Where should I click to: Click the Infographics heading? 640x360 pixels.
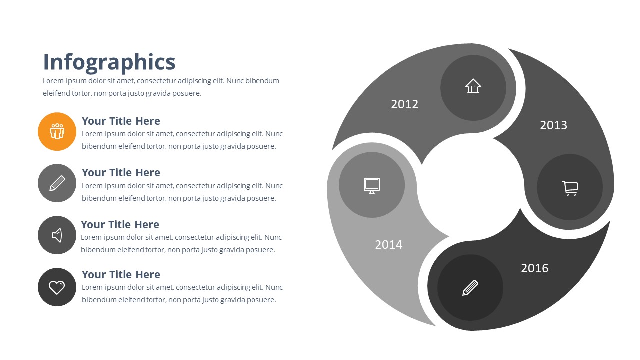(x=109, y=62)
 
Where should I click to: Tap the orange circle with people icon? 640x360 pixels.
(x=57, y=131)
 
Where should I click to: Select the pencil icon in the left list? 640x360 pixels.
(x=57, y=183)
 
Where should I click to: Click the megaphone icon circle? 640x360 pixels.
(x=57, y=235)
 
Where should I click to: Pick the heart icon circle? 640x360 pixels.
(x=57, y=287)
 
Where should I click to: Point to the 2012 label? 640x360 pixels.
(x=404, y=104)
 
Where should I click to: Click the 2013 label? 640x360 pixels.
(x=553, y=125)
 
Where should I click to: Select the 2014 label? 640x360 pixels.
(x=388, y=245)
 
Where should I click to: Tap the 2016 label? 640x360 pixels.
(x=534, y=268)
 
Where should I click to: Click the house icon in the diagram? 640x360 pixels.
(x=473, y=86)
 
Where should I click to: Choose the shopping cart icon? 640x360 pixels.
(x=570, y=188)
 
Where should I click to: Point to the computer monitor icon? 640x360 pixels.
(x=371, y=185)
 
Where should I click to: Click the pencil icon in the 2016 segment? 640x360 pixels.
(x=470, y=287)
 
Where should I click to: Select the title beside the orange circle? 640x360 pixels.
(x=121, y=121)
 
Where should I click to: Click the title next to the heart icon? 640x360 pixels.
(x=121, y=275)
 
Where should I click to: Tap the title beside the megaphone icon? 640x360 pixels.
(x=120, y=225)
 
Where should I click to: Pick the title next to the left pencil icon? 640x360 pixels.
(x=121, y=173)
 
